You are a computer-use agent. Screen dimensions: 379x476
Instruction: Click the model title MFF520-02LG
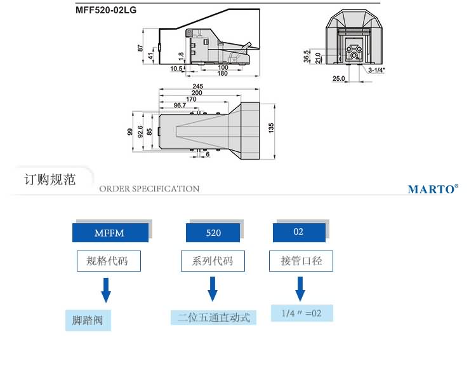pyautogui.click(x=106, y=10)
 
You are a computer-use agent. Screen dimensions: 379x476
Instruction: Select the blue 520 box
pyautogui.click(x=214, y=233)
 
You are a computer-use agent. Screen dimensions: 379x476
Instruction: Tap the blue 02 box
pyautogui.click(x=299, y=232)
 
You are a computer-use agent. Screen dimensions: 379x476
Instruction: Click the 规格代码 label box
pyautogui.click(x=107, y=261)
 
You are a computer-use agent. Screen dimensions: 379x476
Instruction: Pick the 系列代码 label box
pyautogui.click(x=212, y=261)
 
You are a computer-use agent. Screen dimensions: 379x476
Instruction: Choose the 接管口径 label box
pyautogui.click(x=301, y=261)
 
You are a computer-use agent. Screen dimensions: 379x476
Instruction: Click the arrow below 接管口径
pyautogui.click(x=300, y=291)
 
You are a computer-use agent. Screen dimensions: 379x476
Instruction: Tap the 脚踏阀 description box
pyautogui.click(x=88, y=320)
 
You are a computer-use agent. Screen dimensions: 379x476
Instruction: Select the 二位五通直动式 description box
pyautogui.click(x=213, y=316)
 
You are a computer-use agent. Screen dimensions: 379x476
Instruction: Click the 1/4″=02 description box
pyautogui.click(x=301, y=313)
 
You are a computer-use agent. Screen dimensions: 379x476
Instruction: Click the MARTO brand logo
pyautogui.click(x=432, y=189)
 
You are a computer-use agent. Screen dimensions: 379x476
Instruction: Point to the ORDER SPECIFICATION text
pyautogui.click(x=149, y=189)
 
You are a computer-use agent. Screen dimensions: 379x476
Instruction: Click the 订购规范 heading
pyautogui.click(x=50, y=179)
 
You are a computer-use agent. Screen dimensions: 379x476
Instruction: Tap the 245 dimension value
pyautogui.click(x=197, y=86)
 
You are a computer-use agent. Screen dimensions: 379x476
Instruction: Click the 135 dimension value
pyautogui.click(x=271, y=128)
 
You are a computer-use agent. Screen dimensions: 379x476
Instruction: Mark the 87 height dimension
pyautogui.click(x=140, y=48)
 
